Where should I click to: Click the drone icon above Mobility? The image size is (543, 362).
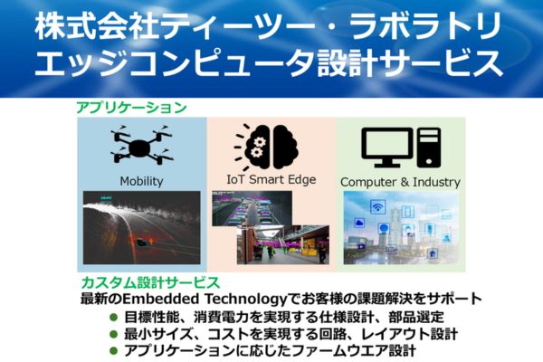(x=142, y=146)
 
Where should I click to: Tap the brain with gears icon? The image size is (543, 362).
(x=266, y=147)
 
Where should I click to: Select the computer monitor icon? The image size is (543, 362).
(x=387, y=148)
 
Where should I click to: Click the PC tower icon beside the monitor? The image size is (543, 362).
(x=429, y=148)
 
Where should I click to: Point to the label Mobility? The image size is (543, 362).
(x=142, y=181)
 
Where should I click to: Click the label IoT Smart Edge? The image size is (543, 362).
(x=271, y=179)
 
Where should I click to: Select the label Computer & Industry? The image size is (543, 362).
(x=400, y=182)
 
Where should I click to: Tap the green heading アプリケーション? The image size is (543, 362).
(x=131, y=108)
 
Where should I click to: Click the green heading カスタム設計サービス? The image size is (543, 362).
(x=150, y=282)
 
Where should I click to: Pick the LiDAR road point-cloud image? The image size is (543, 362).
(x=142, y=227)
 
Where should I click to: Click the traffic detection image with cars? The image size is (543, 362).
(x=252, y=208)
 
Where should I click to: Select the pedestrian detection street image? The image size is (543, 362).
(x=283, y=245)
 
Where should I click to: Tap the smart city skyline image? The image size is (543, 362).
(x=401, y=227)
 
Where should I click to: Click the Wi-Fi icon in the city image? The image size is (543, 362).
(x=377, y=207)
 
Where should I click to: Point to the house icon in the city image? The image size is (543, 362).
(x=433, y=253)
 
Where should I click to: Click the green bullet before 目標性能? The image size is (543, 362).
(x=113, y=317)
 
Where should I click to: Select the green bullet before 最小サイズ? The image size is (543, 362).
(x=113, y=334)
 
